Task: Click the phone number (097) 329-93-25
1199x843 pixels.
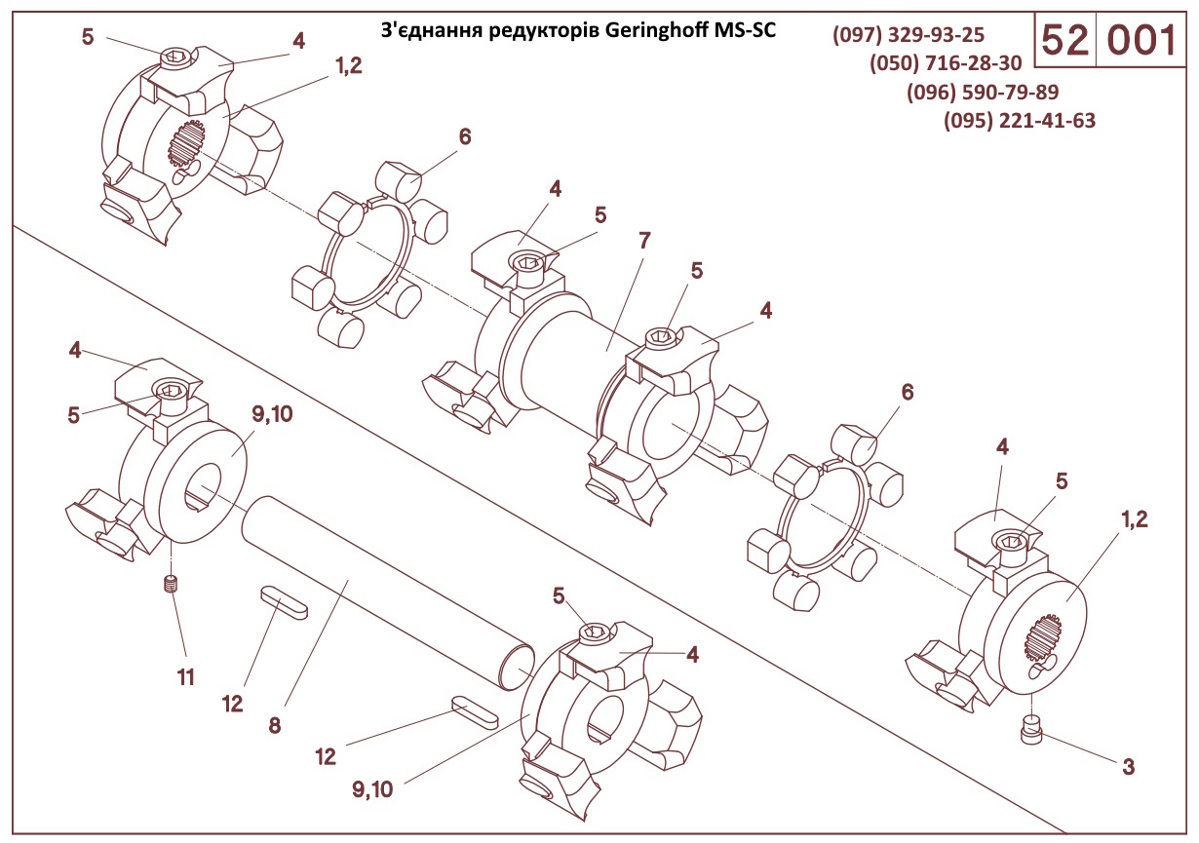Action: tap(909, 36)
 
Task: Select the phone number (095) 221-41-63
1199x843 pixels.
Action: tap(1020, 121)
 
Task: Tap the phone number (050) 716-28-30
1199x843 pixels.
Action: tap(946, 64)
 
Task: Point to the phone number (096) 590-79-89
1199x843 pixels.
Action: tap(983, 93)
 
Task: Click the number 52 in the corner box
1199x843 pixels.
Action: tap(1064, 41)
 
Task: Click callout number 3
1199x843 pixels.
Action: tap(1128, 766)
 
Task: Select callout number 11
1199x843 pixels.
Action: tap(185, 675)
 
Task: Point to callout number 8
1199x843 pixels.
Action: tap(274, 725)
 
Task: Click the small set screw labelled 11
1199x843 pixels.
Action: tap(172, 585)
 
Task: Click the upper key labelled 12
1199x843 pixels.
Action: tap(285, 602)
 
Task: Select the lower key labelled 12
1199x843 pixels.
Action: tap(475, 711)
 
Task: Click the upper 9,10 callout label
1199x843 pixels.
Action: tap(272, 415)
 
